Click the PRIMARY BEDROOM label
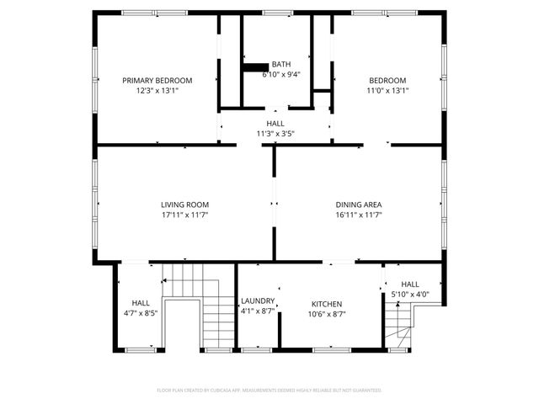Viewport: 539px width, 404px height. click(x=157, y=81)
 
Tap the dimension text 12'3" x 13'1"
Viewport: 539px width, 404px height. click(x=157, y=90)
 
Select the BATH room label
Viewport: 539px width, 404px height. click(x=281, y=64)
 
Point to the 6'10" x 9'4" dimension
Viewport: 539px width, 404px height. click(x=281, y=74)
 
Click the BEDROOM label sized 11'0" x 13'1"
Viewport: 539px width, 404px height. click(x=387, y=81)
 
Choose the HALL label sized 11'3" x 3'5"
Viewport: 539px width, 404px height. click(x=275, y=123)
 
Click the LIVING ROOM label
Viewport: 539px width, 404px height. click(x=185, y=205)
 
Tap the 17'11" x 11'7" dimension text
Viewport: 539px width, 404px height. click(x=185, y=215)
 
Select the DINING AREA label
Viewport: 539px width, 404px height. click(x=359, y=205)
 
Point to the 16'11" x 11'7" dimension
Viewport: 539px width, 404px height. click(x=359, y=215)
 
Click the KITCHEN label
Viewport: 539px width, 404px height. click(x=327, y=304)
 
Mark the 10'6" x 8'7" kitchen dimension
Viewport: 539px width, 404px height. click(x=327, y=314)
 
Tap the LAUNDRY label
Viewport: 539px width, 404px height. click(x=258, y=301)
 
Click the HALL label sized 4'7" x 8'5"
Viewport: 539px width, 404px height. click(x=141, y=303)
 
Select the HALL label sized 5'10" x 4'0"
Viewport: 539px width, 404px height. click(x=410, y=284)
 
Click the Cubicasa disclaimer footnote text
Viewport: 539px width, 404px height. click(x=269, y=390)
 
